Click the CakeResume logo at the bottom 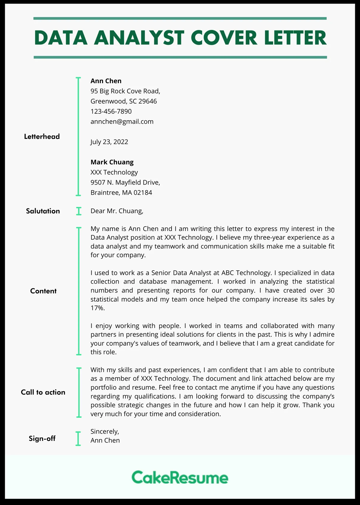[180, 477]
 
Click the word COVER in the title [224, 38]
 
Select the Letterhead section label [42, 137]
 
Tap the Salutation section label [43, 211]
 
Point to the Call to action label [43, 392]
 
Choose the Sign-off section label [42, 438]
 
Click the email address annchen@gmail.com [122, 122]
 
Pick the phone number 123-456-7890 [111, 111]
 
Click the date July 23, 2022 [109, 142]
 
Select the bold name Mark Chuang [112, 162]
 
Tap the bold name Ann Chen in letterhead [106, 81]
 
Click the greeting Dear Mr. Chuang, [117, 211]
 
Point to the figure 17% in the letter [97, 308]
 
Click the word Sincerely [104, 431]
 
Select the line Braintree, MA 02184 [121, 193]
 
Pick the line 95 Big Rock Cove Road [125, 91]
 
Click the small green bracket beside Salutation [79, 211]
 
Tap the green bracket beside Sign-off [78, 438]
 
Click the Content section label [43, 291]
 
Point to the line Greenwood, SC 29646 [124, 101]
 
